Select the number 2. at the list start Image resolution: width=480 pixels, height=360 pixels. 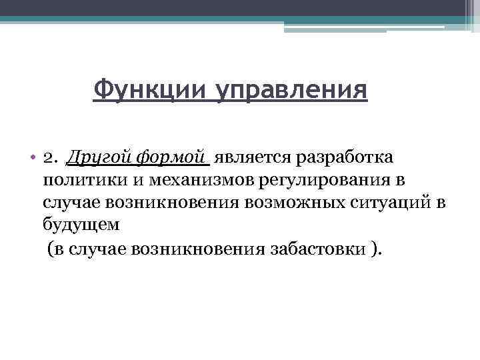pos(50,159)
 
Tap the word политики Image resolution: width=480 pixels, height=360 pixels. pos(86,181)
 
